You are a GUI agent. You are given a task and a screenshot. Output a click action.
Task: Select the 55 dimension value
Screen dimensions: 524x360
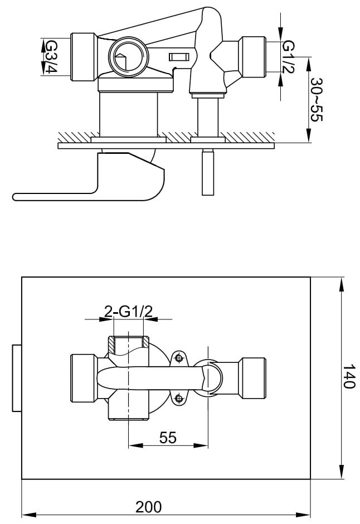pyautogui.click(x=168, y=438)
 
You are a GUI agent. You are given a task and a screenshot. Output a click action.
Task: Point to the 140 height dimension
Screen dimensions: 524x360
pyautogui.click(x=348, y=377)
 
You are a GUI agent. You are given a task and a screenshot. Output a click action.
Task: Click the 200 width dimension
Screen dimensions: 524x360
pyautogui.click(x=149, y=507)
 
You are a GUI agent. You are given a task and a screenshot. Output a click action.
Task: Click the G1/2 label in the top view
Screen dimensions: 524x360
pyautogui.click(x=288, y=56)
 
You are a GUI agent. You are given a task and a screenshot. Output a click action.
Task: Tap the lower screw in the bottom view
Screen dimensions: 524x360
pyautogui.click(x=179, y=397)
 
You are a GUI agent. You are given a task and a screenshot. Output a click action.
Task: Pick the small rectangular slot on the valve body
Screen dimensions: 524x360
pyautogui.click(x=178, y=57)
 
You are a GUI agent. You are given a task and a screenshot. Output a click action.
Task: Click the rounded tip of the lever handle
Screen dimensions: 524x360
pyautogui.click(x=17, y=196)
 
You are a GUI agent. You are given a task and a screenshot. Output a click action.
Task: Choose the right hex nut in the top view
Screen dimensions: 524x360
pyautogui.click(x=254, y=55)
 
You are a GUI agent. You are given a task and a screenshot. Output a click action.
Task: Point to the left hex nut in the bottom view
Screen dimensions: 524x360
pyautogui.click(x=83, y=378)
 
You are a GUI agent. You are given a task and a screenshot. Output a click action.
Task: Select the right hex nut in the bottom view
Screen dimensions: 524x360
pyautogui.click(x=253, y=378)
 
